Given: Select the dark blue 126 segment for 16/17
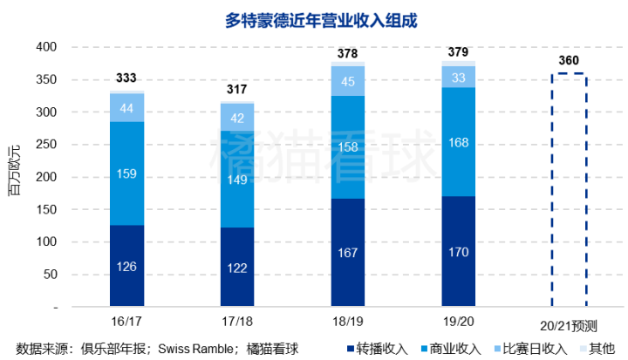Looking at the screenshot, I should tap(126, 266).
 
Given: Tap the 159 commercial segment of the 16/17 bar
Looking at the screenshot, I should tap(126, 173).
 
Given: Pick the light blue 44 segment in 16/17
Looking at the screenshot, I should tap(126, 107).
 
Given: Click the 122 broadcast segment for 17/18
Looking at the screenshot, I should tap(236, 268).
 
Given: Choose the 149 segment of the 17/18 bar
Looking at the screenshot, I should tap(236, 180).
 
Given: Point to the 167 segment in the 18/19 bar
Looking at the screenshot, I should tap(347, 253).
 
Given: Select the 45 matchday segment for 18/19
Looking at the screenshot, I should tap(347, 81).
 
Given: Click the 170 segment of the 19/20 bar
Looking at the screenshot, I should tap(458, 252).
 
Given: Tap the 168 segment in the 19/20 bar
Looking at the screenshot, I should tap(458, 142).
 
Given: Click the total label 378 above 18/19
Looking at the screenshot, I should tap(347, 54).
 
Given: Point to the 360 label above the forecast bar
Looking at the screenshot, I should tap(569, 61).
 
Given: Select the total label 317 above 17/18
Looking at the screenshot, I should tap(236, 90).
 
